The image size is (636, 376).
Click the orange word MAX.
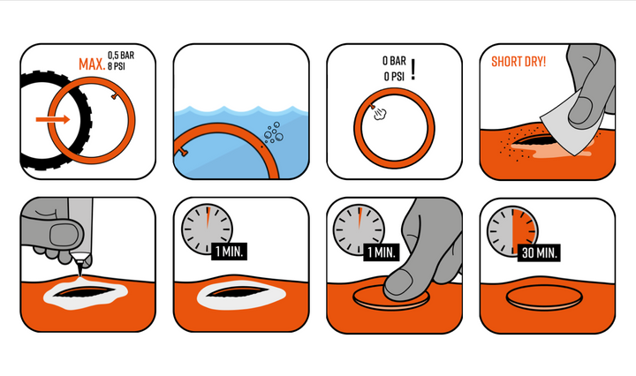92,64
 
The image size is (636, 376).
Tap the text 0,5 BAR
121,55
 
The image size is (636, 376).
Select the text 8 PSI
117,65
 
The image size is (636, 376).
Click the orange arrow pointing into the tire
53,119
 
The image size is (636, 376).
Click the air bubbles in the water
273,132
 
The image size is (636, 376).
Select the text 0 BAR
394,61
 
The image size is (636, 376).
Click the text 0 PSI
394,76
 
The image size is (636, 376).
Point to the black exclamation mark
413,69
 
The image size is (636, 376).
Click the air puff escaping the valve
380,114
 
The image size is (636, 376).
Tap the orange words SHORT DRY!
519,62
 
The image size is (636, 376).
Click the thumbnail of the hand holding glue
64,235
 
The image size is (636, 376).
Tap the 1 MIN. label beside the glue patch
229,252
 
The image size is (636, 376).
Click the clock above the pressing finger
359,229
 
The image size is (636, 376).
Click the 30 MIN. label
539,252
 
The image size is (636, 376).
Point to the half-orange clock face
512,231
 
